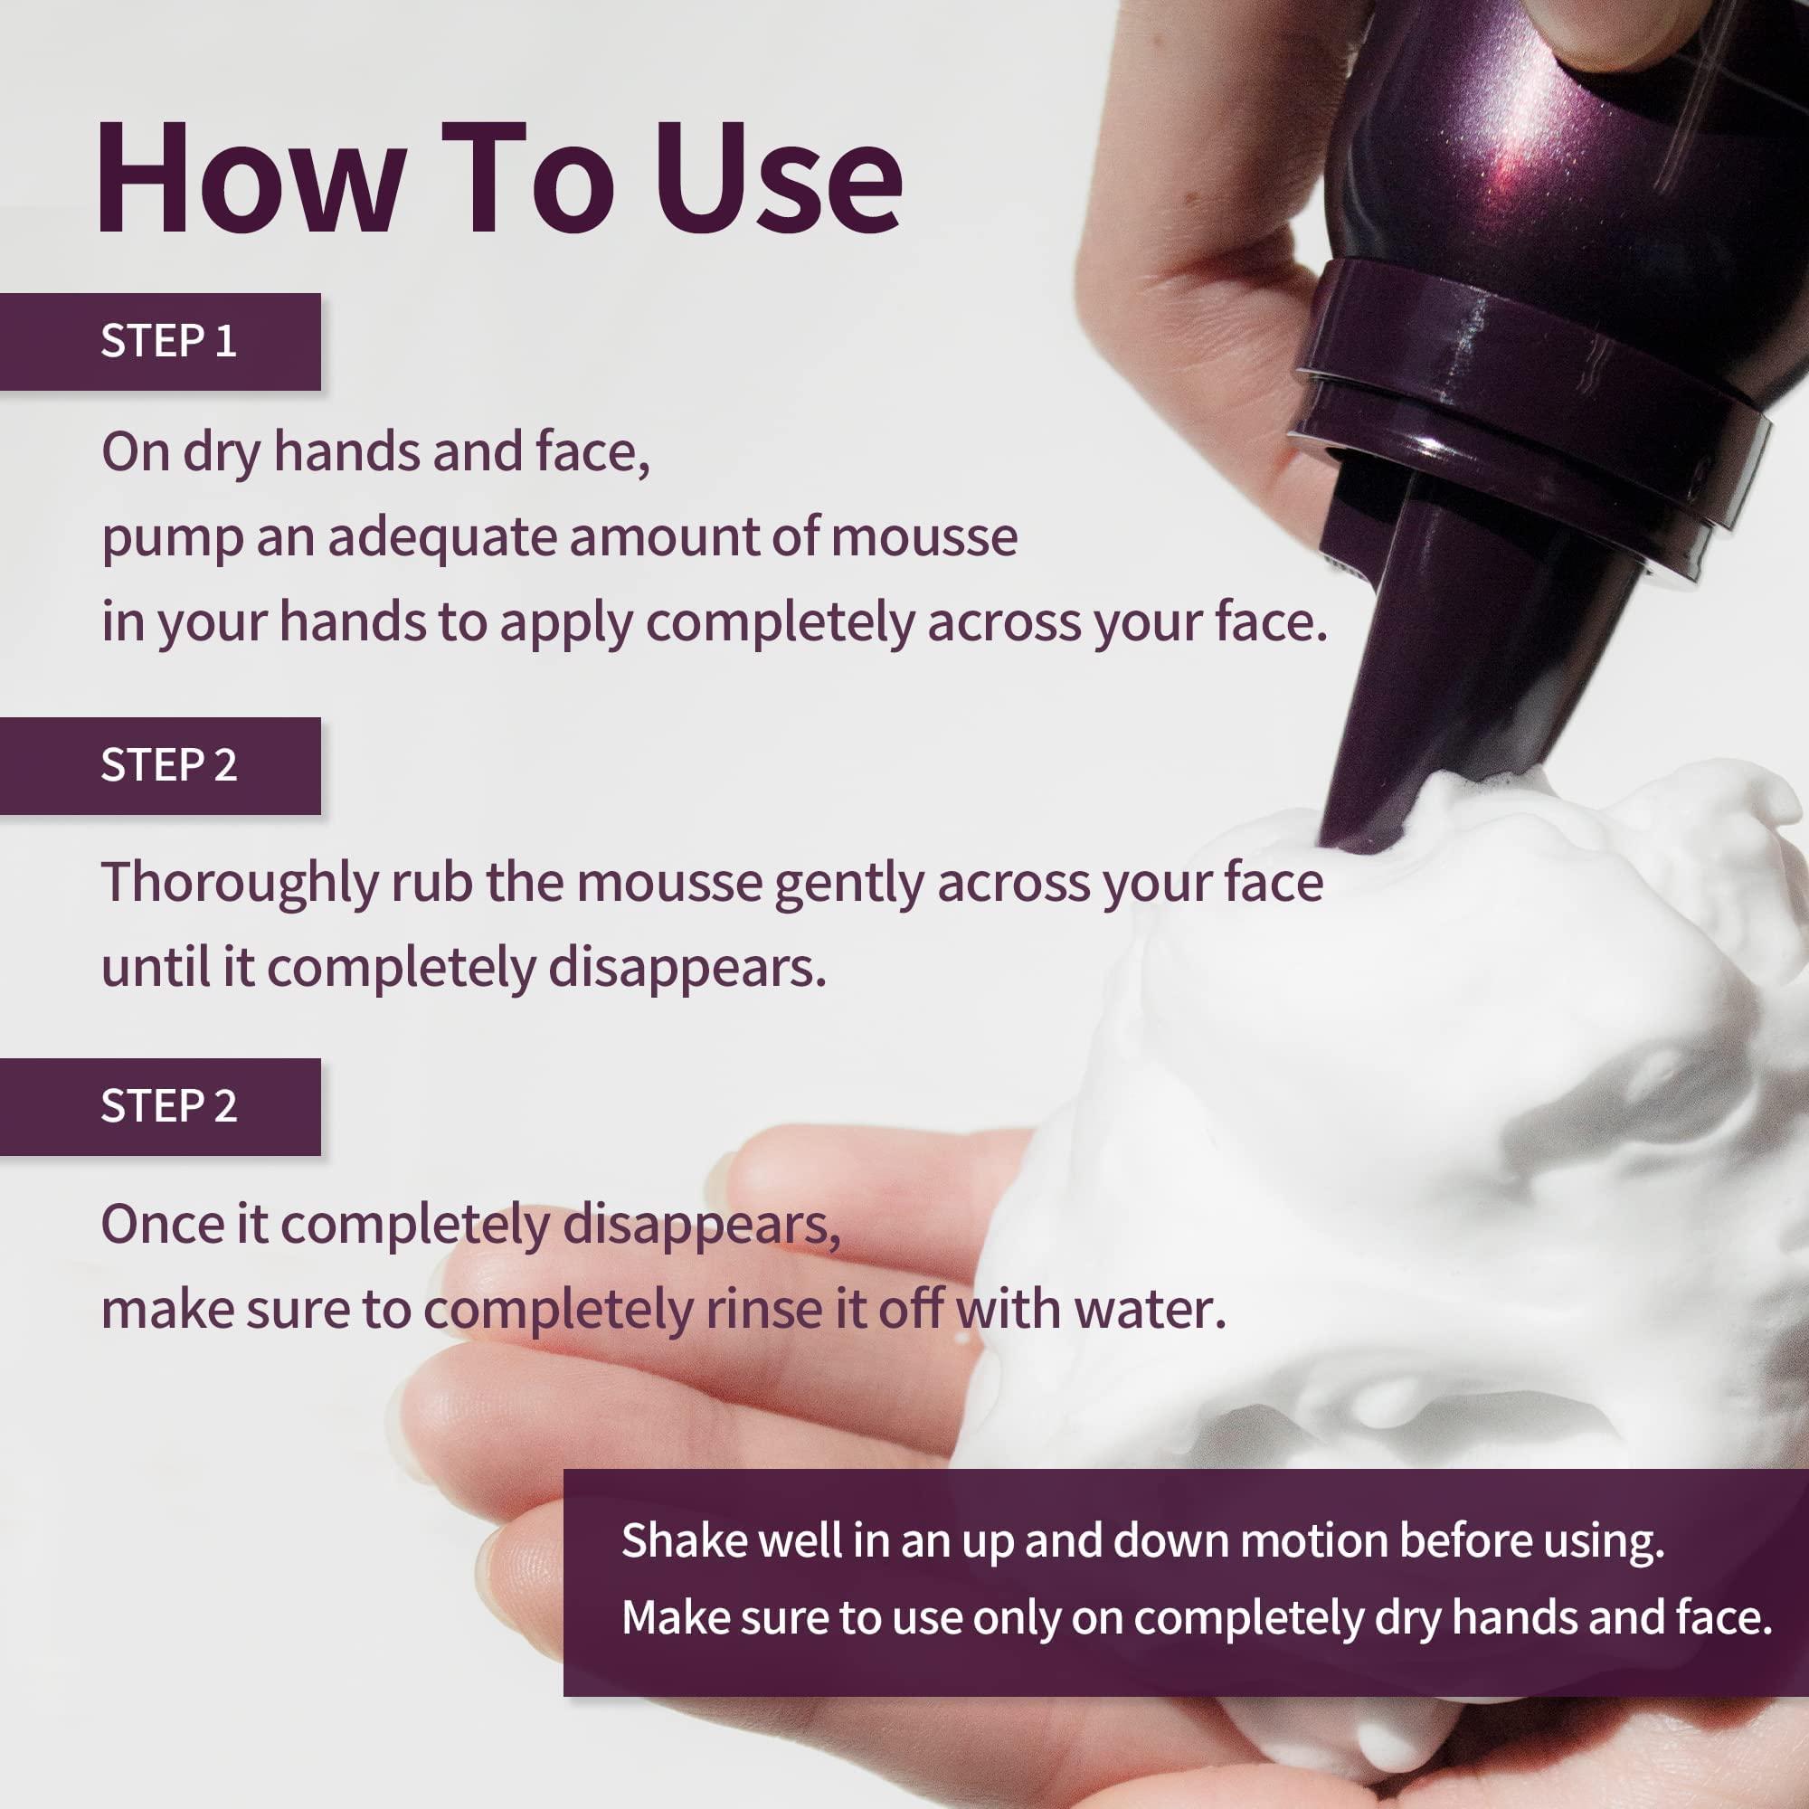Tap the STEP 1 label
point(168,341)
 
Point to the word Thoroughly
point(239,883)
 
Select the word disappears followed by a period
point(687,969)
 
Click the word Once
point(161,1223)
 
